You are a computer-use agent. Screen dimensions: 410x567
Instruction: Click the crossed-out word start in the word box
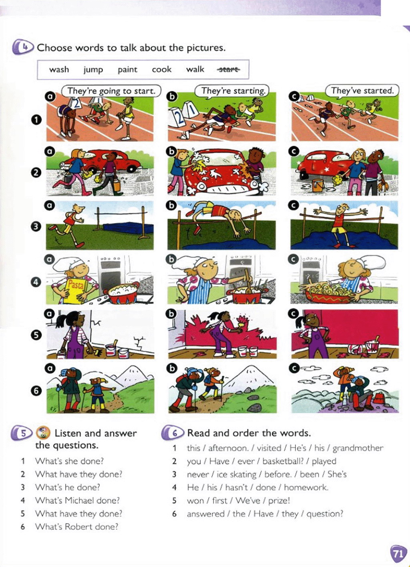pyautogui.click(x=228, y=69)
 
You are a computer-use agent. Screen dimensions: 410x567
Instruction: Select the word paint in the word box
pyautogui.click(x=127, y=70)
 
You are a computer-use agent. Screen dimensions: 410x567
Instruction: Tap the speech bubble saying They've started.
pyautogui.click(x=362, y=91)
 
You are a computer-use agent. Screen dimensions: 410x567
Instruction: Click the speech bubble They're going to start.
pyautogui.click(x=111, y=91)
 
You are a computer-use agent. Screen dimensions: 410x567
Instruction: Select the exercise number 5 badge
pyautogui.click(x=22, y=433)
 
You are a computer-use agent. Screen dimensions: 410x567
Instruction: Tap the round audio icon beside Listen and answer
pyautogui.click(x=43, y=433)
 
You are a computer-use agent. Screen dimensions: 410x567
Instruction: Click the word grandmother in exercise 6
pyautogui.click(x=358, y=448)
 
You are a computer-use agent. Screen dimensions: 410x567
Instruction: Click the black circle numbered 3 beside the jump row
pyautogui.click(x=36, y=226)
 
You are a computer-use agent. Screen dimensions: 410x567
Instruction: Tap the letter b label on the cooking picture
pyautogui.click(x=172, y=260)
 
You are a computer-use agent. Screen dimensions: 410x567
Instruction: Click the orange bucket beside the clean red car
pyautogui.click(x=318, y=185)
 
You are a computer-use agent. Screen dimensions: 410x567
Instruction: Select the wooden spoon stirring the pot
pyautogui.click(x=247, y=281)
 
